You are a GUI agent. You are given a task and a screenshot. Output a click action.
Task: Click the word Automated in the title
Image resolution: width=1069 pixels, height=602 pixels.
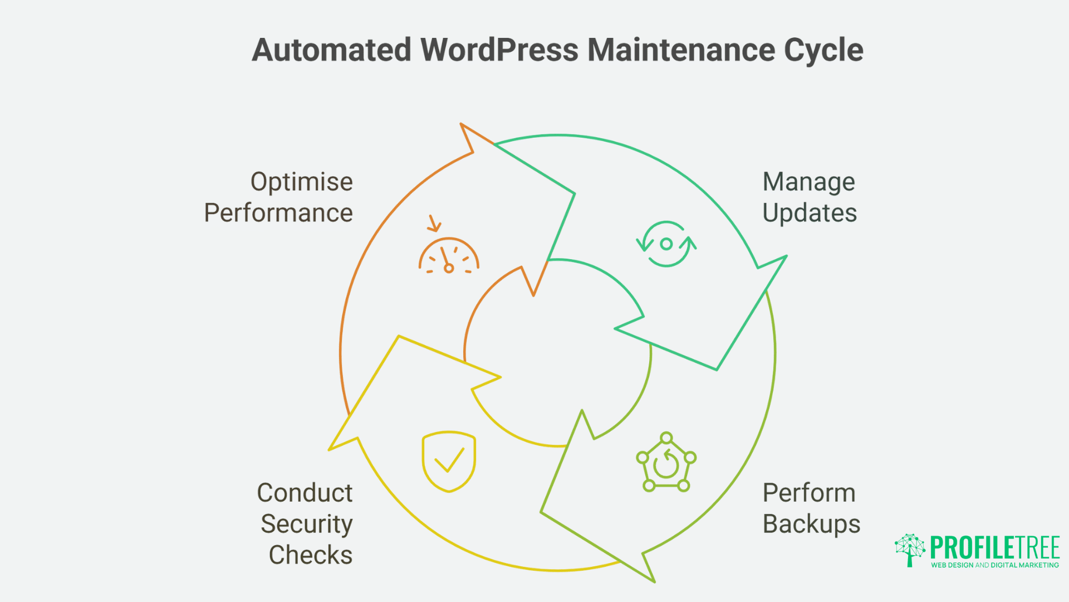click(x=331, y=50)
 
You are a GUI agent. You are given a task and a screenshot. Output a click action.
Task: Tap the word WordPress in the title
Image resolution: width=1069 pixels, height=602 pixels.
click(x=499, y=50)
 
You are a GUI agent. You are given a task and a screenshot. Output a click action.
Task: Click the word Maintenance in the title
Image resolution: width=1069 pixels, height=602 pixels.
click(x=681, y=50)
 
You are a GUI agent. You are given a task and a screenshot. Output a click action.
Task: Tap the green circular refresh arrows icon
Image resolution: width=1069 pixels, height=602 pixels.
click(x=666, y=244)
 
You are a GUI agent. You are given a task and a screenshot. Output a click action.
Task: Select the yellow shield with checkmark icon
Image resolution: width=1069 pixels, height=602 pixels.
click(x=449, y=461)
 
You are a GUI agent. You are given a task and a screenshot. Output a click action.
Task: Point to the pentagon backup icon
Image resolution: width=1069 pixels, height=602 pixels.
click(x=666, y=463)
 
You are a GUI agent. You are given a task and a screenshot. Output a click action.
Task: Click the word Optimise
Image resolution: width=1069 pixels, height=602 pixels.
click(x=301, y=182)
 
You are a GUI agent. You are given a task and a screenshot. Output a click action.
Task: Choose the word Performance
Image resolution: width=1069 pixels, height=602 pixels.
click(x=278, y=213)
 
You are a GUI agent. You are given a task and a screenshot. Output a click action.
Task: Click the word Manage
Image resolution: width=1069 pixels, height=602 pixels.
click(x=808, y=182)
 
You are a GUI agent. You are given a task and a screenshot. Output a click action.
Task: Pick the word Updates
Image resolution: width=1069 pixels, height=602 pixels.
click(x=810, y=213)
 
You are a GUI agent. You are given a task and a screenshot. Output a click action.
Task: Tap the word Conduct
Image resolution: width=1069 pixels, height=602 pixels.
click(x=305, y=493)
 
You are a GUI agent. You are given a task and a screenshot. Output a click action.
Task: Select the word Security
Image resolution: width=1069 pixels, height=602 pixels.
click(x=306, y=524)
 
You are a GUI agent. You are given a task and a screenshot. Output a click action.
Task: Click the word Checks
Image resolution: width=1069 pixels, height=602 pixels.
click(x=310, y=555)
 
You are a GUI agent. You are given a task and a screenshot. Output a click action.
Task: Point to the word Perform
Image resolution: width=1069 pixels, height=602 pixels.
click(x=808, y=493)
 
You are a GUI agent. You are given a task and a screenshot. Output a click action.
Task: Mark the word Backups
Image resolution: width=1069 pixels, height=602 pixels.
click(x=811, y=524)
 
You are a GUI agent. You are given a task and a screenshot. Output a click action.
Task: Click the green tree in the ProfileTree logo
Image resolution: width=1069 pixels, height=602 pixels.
click(x=910, y=550)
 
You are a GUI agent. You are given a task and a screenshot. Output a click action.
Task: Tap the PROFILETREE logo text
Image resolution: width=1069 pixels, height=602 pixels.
click(x=994, y=547)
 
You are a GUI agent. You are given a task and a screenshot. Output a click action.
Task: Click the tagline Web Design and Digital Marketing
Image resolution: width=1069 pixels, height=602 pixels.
click(x=994, y=565)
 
